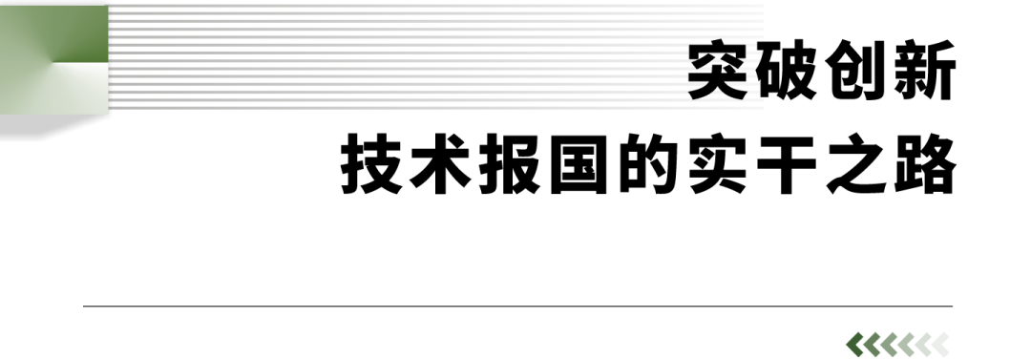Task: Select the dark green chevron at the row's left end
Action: pos(853,345)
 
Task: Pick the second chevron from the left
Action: pos(871,345)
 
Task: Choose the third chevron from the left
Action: pos(888,345)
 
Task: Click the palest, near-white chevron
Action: pos(922,345)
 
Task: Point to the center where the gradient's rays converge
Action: pos(53,63)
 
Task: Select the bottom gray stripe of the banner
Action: pos(439,108)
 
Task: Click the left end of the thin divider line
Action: pos(85,307)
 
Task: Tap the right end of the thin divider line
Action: pos(952,307)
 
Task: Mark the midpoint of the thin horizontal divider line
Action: pos(518,307)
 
